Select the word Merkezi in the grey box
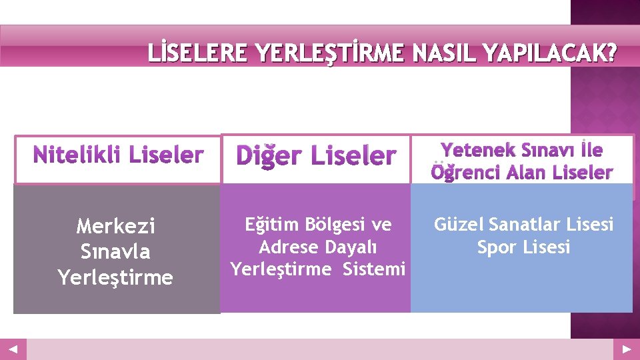pos(116,227)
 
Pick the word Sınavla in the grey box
pos(116,252)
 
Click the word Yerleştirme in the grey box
pos(116,277)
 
